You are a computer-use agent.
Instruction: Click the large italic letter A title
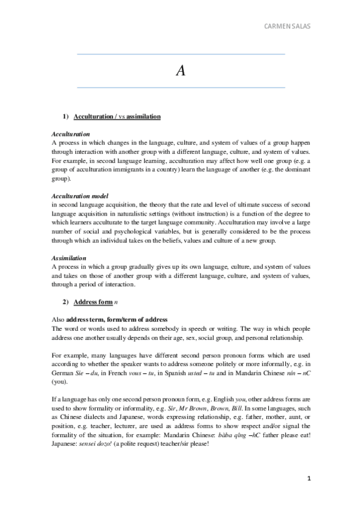(x=181, y=71)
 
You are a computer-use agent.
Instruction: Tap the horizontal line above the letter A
(x=181, y=54)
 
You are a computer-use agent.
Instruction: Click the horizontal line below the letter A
(x=181, y=88)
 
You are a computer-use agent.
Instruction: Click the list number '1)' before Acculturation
(x=66, y=115)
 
